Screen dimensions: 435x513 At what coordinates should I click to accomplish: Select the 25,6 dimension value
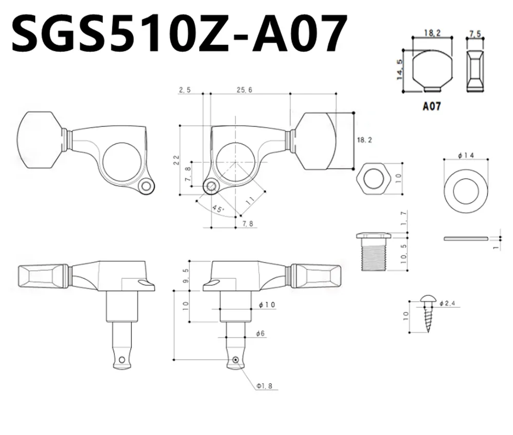pos(245,90)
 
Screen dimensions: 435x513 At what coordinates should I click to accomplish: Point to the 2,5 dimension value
pos(185,90)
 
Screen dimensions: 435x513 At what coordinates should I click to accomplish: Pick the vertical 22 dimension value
pos(176,160)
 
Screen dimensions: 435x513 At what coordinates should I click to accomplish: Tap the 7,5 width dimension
pos(475,33)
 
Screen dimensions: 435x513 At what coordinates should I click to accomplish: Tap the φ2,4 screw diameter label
pos(448,304)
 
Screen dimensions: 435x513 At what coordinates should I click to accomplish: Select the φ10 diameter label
pos(267,305)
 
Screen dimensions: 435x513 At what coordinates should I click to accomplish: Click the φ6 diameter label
pos(260,333)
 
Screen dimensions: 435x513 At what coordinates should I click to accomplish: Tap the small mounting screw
pos(427,312)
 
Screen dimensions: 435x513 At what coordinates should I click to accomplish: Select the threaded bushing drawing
pos(373,251)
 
